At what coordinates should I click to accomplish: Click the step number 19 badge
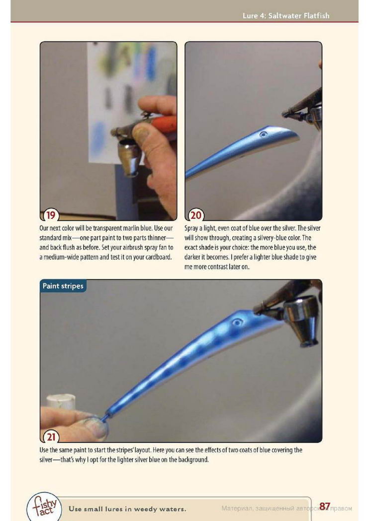pos(51,215)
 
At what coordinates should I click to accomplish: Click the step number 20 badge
pos(196,215)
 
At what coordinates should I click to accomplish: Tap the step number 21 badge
pos(51,437)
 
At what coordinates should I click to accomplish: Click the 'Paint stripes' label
pos(63,286)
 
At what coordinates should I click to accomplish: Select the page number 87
pos(325,506)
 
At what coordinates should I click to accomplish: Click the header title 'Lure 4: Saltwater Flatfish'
pos(286,16)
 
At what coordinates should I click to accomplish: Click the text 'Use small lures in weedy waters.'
pos(127,509)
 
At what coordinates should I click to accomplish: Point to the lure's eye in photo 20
pos(264,134)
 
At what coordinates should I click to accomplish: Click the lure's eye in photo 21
pos(237,322)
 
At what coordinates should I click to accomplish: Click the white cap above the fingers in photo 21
pos(61,401)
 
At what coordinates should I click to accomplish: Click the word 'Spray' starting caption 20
pos(191,229)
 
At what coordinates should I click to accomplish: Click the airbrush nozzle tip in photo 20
pos(284,115)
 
